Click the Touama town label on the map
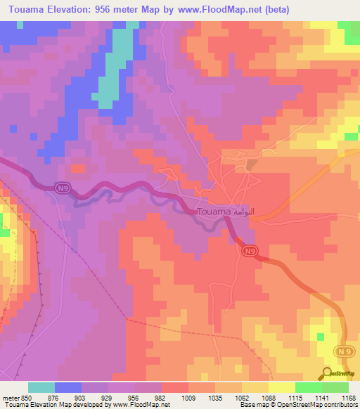[219, 211]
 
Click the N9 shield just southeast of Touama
[250, 250]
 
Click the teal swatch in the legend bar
[41, 387]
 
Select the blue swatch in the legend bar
[68, 387]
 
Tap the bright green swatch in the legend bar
[309, 387]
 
